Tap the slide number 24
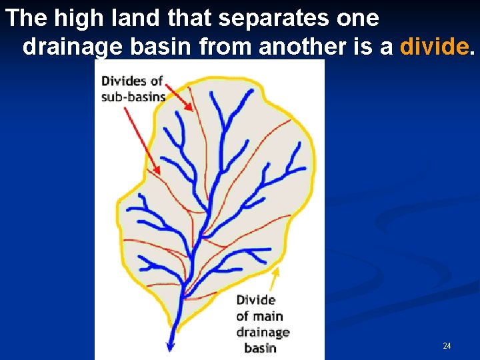[447, 345]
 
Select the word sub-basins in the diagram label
[133, 96]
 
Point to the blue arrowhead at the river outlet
[170, 346]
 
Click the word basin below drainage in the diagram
[260, 347]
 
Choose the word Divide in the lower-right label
[256, 300]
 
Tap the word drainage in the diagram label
[263, 332]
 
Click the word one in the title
[357, 18]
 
